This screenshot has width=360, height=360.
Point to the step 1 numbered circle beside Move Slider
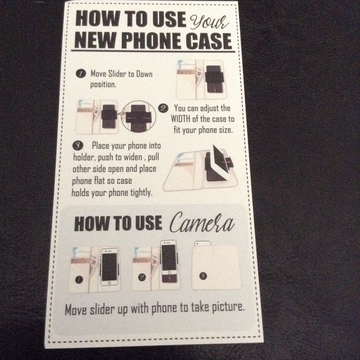[81, 74]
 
